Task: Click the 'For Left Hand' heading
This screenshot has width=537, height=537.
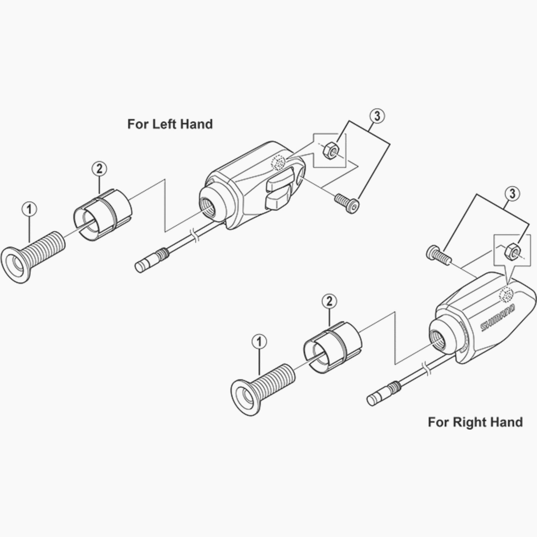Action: click(x=170, y=124)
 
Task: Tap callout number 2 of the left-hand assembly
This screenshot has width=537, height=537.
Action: click(x=99, y=169)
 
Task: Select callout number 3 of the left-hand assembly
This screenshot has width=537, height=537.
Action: click(x=377, y=116)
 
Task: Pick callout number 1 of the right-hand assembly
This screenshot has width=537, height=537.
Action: click(x=259, y=342)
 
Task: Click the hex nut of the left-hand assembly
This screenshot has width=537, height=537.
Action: click(x=330, y=150)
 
